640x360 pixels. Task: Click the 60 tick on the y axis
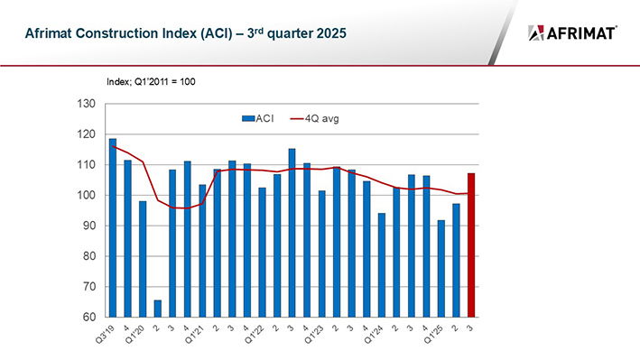point(88,318)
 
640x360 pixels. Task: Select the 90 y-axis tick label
point(88,226)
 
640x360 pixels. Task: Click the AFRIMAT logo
point(572,33)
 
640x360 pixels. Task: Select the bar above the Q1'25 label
point(441,268)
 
